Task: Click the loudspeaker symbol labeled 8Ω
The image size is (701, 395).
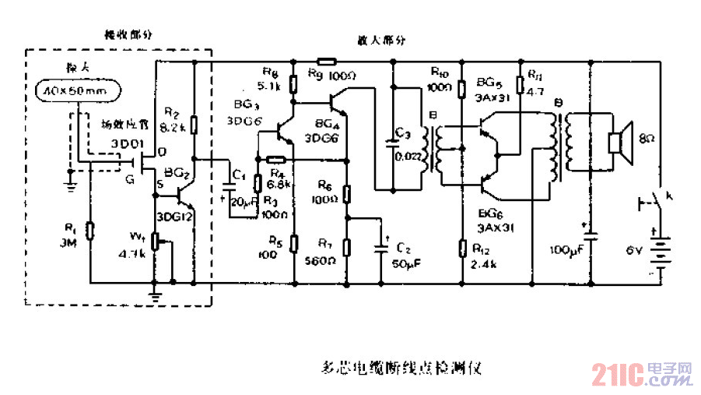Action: click(617, 143)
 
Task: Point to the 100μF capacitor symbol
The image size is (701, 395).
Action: click(590, 235)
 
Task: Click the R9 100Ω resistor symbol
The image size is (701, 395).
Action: click(327, 60)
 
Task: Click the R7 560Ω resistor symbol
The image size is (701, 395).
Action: click(348, 247)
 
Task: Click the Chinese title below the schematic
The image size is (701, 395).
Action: click(401, 366)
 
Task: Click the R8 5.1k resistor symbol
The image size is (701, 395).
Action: click(293, 83)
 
